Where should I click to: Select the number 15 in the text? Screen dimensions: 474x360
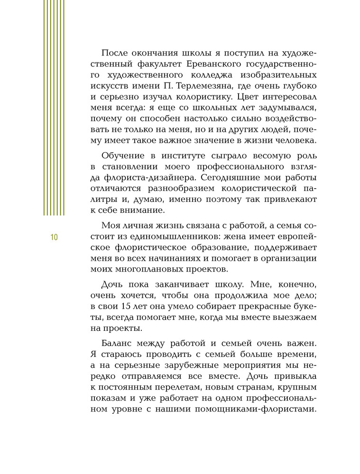[x=130, y=304]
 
